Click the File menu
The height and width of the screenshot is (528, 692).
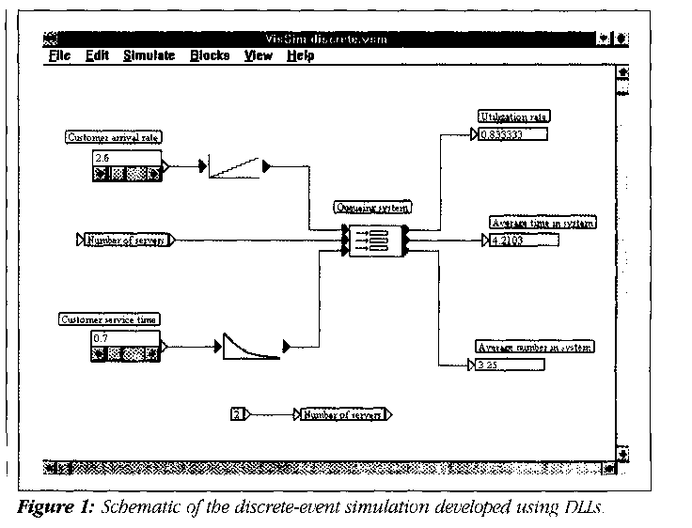coord(59,56)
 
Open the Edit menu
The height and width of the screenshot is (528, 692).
coord(97,56)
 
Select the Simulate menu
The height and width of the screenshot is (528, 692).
coord(149,56)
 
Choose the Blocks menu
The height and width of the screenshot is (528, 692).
coord(210,56)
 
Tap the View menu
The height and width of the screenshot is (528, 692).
coord(259,56)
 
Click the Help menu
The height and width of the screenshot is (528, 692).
coord(301,56)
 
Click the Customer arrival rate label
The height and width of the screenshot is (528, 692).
coord(113,137)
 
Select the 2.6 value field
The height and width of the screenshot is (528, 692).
coord(127,156)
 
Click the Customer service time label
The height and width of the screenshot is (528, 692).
coord(109,319)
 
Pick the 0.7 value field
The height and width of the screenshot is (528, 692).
coord(127,337)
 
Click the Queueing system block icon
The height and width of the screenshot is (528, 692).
coord(374,240)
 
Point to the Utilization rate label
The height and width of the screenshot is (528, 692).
coord(513,116)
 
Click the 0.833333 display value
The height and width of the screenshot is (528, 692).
coord(512,134)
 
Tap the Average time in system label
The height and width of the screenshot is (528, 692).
coord(543,223)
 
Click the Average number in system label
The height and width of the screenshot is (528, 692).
coord(534,347)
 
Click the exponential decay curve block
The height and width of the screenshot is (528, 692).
coord(251,346)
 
